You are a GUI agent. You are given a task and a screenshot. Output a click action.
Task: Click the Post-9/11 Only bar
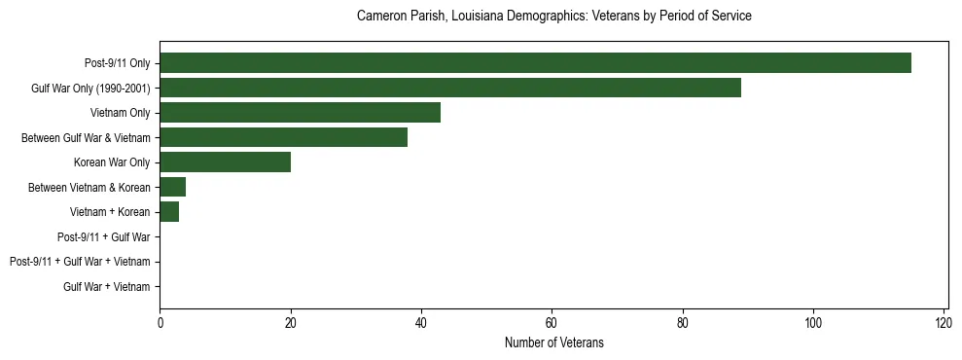pos(535,63)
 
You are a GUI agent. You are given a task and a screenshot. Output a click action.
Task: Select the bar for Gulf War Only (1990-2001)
pos(450,88)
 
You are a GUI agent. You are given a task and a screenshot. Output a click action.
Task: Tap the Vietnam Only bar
pos(300,113)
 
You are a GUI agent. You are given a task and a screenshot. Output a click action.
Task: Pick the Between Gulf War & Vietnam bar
pos(283,137)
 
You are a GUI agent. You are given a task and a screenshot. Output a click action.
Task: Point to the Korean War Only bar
pos(225,162)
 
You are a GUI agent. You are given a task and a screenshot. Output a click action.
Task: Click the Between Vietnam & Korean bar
pos(172,187)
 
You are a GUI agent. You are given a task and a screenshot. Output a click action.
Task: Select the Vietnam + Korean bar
pos(169,212)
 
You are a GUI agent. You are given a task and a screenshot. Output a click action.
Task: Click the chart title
pos(554,17)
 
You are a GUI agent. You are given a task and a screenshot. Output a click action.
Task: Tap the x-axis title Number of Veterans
pos(554,342)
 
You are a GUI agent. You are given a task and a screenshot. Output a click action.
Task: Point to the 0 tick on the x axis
pos(160,322)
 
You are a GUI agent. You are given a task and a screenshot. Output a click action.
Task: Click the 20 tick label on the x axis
pos(290,322)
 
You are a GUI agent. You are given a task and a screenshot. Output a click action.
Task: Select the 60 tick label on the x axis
pos(552,322)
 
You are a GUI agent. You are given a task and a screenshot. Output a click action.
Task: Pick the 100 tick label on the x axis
pos(813,322)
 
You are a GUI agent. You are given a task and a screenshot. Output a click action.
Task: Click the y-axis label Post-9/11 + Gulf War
pos(104,236)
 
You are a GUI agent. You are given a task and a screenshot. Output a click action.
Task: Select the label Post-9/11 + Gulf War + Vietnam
pos(80,262)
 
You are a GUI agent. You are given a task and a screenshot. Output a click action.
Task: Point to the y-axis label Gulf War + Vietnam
pos(107,286)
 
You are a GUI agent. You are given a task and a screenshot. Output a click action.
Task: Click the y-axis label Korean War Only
pos(112,162)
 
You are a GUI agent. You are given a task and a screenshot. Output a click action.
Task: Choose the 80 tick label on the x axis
pos(682,322)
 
